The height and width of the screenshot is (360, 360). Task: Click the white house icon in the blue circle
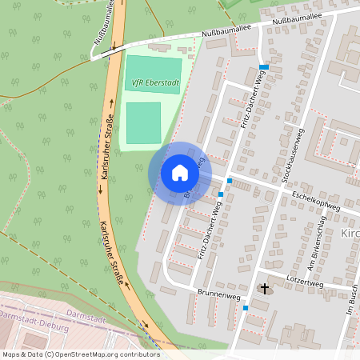pos(179,173)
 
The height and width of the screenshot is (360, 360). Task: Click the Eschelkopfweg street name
pos(315,198)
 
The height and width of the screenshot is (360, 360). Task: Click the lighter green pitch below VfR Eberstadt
pos(143,122)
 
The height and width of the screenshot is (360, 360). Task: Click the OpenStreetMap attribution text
pos(80,354)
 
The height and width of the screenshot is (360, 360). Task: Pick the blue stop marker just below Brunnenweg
pos(246,307)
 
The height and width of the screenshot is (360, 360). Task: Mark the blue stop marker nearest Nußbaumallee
pos(264,67)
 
